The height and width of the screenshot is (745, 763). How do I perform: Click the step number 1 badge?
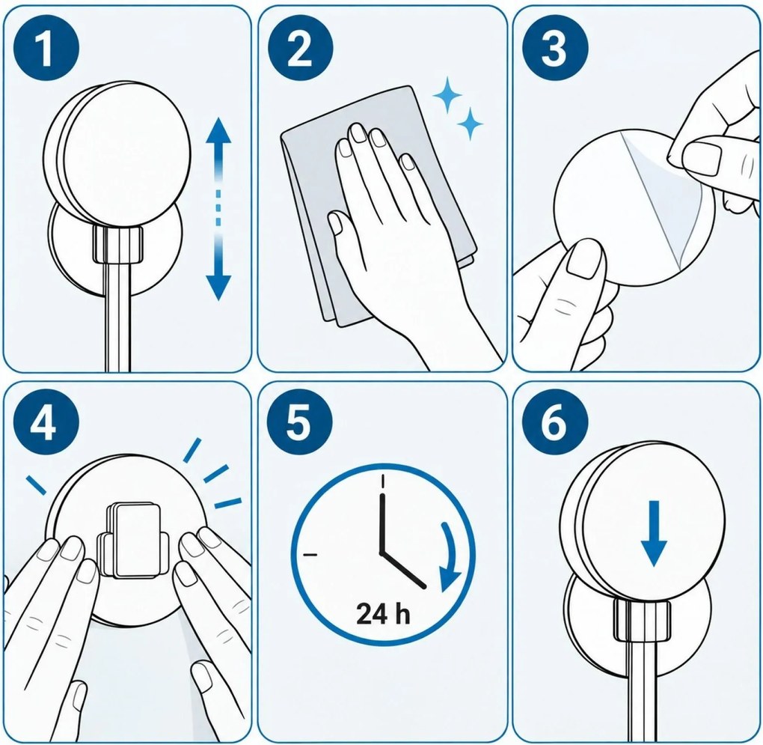click(x=46, y=48)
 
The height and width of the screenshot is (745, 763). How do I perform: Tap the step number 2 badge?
click(x=300, y=48)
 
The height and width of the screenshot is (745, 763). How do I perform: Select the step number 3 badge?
click(x=555, y=48)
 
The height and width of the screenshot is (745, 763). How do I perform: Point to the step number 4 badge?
click(x=46, y=422)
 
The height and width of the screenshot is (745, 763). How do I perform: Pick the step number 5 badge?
click(x=300, y=422)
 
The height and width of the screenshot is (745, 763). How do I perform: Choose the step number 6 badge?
click(x=555, y=422)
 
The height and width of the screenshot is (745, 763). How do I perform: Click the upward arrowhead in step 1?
click(x=218, y=130)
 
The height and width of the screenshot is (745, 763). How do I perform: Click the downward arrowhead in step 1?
click(x=218, y=287)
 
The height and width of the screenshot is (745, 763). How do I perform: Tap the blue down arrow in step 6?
click(x=654, y=534)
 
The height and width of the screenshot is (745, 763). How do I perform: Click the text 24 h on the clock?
click(x=383, y=613)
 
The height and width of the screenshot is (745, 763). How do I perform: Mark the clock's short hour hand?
click(x=403, y=571)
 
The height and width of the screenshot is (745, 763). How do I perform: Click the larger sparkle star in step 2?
click(x=447, y=94)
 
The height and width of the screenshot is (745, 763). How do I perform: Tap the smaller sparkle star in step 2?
click(x=470, y=124)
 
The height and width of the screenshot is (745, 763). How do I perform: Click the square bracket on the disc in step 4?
click(x=133, y=540)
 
